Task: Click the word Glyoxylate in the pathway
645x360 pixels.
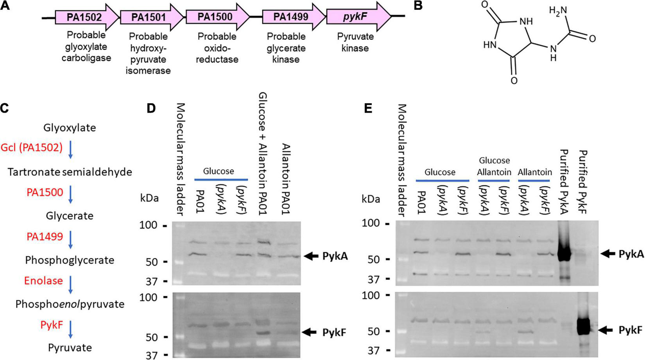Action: click(70, 128)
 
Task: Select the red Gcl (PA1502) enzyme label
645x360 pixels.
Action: click(32, 148)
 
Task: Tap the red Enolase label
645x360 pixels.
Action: click(43, 281)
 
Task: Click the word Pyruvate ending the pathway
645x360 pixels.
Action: click(70, 347)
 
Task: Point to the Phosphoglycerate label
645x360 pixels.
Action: click(70, 260)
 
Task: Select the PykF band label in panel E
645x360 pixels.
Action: click(630, 330)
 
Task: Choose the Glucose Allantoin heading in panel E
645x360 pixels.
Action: click(494, 166)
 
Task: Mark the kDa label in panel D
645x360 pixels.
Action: click(150, 198)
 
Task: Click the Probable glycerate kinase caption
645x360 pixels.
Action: click(286, 48)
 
